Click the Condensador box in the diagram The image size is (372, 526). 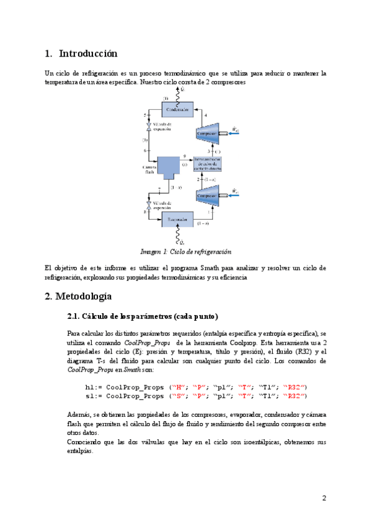click(177, 109)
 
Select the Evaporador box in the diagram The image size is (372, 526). click(177, 219)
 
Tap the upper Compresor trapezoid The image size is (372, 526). click(208, 133)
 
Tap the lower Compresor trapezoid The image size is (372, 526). click(208, 196)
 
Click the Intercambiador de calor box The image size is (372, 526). click(206, 163)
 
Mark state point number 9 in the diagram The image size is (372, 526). click(184, 156)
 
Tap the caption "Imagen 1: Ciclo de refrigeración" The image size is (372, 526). click(185, 252)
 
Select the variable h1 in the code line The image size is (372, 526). click(90, 387)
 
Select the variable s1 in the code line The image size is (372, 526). click(90, 395)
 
